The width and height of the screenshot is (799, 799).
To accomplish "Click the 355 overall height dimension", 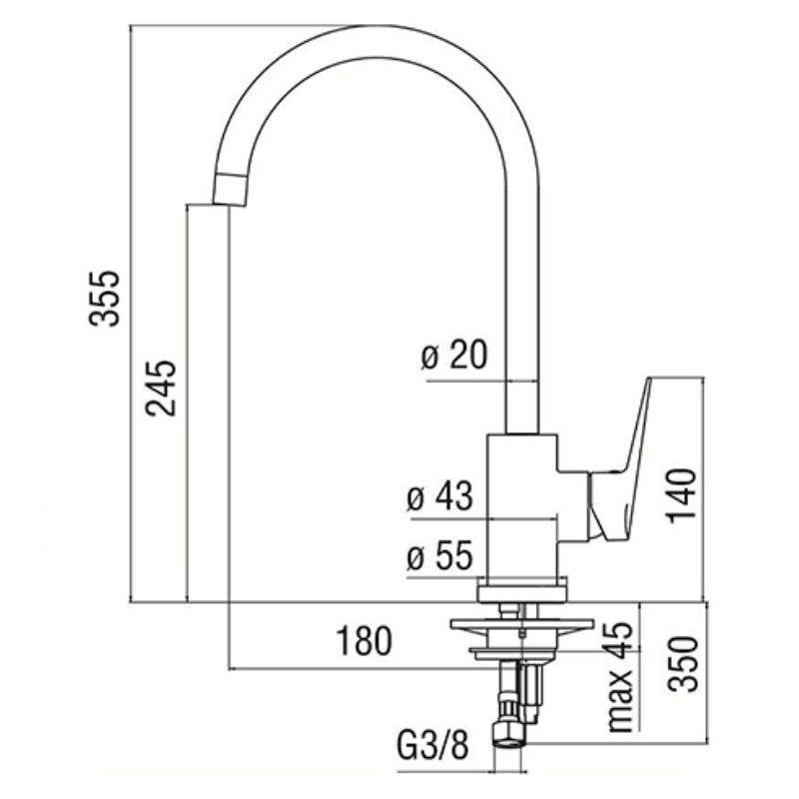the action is pyautogui.click(x=105, y=299).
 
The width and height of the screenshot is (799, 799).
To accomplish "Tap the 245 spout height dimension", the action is pyautogui.click(x=161, y=389).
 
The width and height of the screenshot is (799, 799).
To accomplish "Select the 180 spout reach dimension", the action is pyautogui.click(x=364, y=641).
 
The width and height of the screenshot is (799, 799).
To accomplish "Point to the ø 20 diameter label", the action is pyautogui.click(x=454, y=355).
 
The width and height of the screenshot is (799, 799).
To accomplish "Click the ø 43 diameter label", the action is pyautogui.click(x=440, y=495).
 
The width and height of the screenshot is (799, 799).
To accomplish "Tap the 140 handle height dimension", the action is pyautogui.click(x=682, y=494).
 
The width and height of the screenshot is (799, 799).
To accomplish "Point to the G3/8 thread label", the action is pyautogui.click(x=432, y=746).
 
